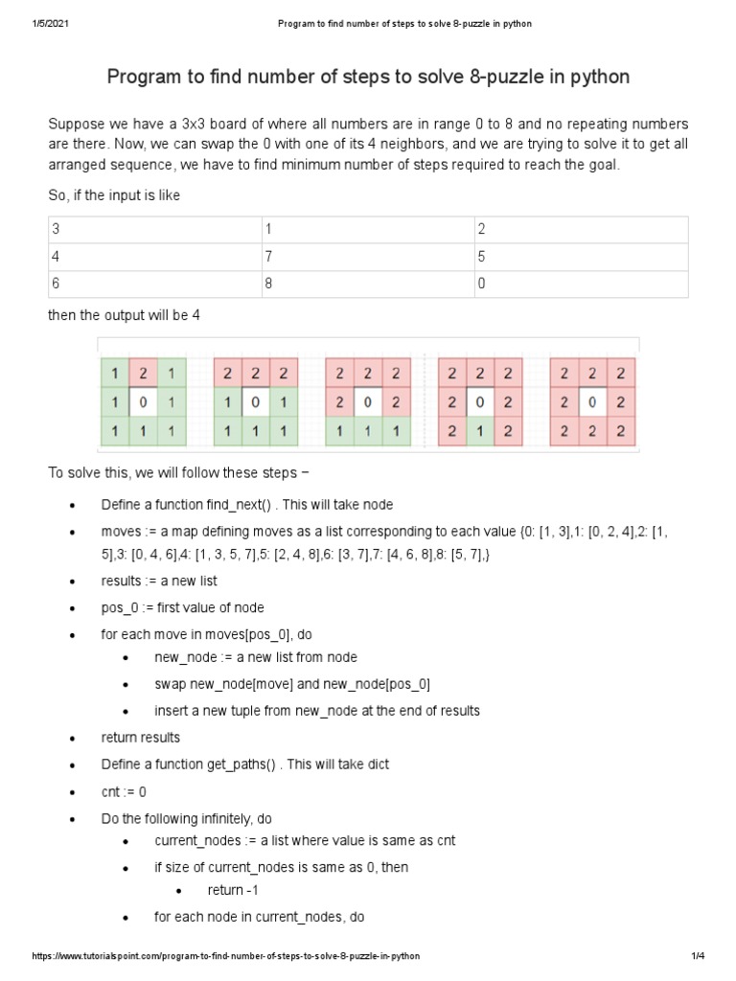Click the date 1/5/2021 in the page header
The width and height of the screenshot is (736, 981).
(45, 23)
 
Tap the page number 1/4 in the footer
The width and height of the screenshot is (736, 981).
(697, 956)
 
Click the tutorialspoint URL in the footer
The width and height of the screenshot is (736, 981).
(226, 956)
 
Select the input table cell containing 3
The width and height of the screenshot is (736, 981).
(153, 230)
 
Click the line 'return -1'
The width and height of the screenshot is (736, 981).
(225, 890)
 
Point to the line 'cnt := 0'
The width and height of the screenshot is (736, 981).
(124, 791)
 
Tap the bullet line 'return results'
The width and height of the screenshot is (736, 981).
(140, 737)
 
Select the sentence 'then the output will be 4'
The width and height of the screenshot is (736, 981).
(124, 315)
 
